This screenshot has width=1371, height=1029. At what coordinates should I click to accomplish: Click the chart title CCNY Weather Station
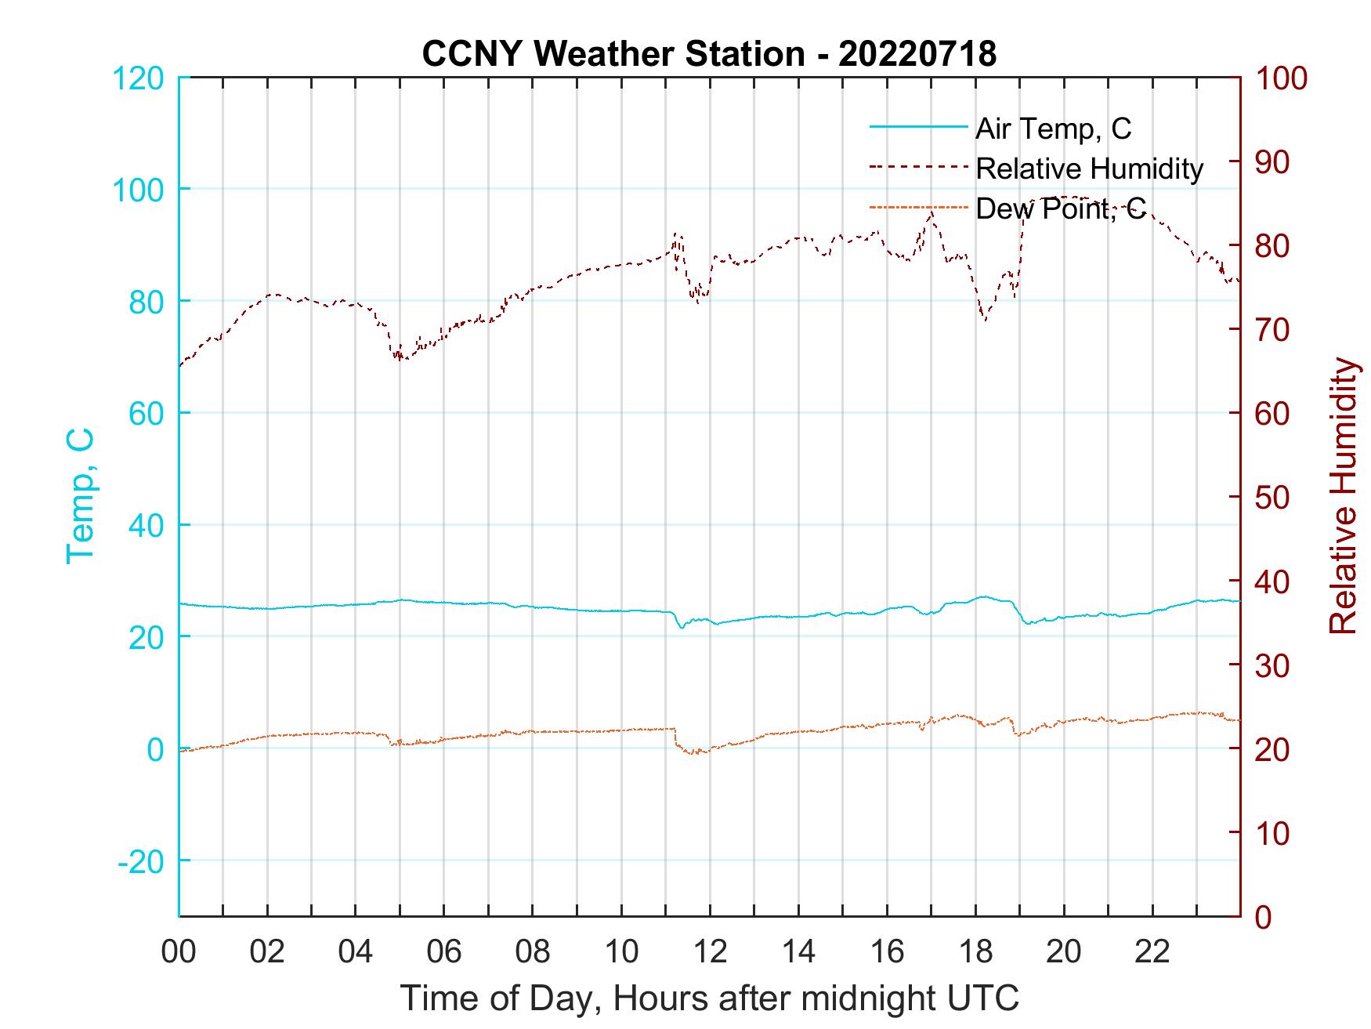pos(709,53)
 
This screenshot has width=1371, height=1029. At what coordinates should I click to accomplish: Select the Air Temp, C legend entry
pos(1053,128)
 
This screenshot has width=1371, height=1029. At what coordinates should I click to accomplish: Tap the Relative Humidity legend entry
pos(1089,168)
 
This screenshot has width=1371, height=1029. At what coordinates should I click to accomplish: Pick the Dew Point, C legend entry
pos(1060,209)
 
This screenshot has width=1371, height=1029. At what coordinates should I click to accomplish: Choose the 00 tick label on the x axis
pos(179,951)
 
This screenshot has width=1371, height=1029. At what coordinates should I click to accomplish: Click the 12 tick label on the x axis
pos(710,951)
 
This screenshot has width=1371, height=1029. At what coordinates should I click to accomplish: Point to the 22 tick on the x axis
pos(1152,951)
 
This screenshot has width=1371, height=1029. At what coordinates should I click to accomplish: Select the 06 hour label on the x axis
pos(444,951)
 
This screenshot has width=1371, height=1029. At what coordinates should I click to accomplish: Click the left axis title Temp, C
pos(80,495)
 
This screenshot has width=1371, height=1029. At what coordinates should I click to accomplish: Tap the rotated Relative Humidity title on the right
pos(1343,495)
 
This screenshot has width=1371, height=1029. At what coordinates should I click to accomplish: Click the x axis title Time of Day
pos(709,998)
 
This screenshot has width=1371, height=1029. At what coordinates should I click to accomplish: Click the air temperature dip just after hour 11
pos(682,627)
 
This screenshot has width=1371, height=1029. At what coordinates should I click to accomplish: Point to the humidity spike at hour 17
pos(931,212)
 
